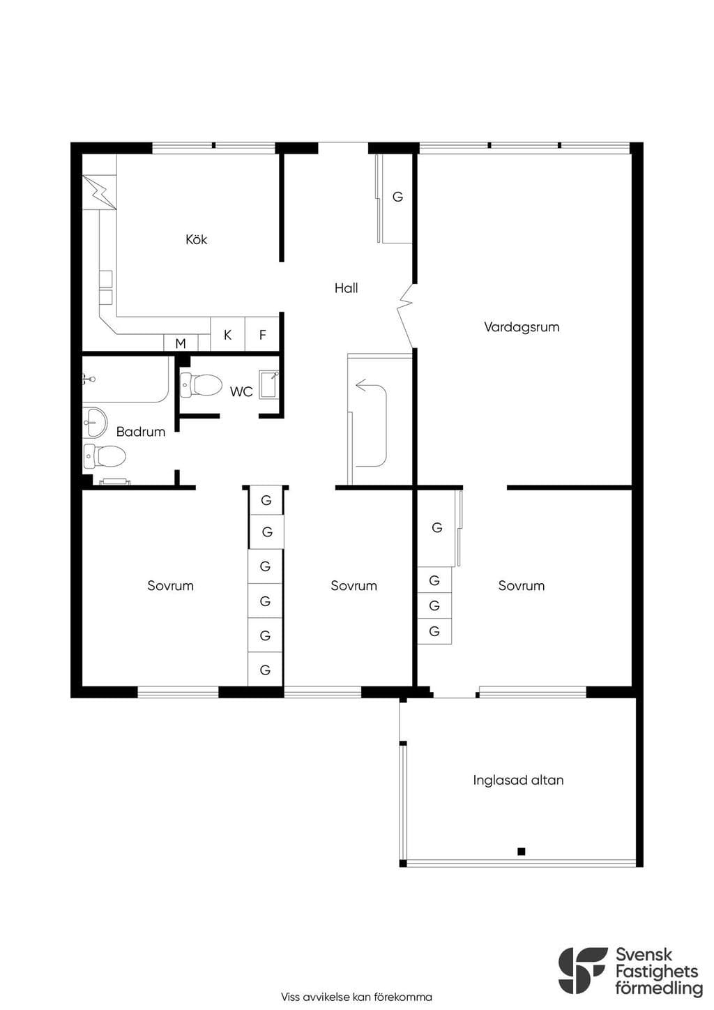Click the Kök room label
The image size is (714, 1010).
click(196, 239)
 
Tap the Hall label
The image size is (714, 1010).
click(346, 288)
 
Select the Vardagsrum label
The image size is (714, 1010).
click(522, 327)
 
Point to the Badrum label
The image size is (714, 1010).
click(141, 432)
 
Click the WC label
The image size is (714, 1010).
click(241, 392)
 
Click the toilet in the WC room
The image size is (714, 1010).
click(201, 385)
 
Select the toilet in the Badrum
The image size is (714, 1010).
click(105, 455)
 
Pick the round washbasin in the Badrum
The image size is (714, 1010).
click(95, 422)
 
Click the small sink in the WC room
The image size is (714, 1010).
click(269, 384)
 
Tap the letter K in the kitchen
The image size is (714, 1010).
click(227, 335)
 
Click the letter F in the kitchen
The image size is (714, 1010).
click(263, 335)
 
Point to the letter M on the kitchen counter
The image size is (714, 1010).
click(181, 344)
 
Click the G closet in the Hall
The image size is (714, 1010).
click(397, 197)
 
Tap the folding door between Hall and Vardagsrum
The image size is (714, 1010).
click(406, 315)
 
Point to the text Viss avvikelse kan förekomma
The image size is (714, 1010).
click(356, 997)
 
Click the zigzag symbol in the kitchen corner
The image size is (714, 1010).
click(100, 193)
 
